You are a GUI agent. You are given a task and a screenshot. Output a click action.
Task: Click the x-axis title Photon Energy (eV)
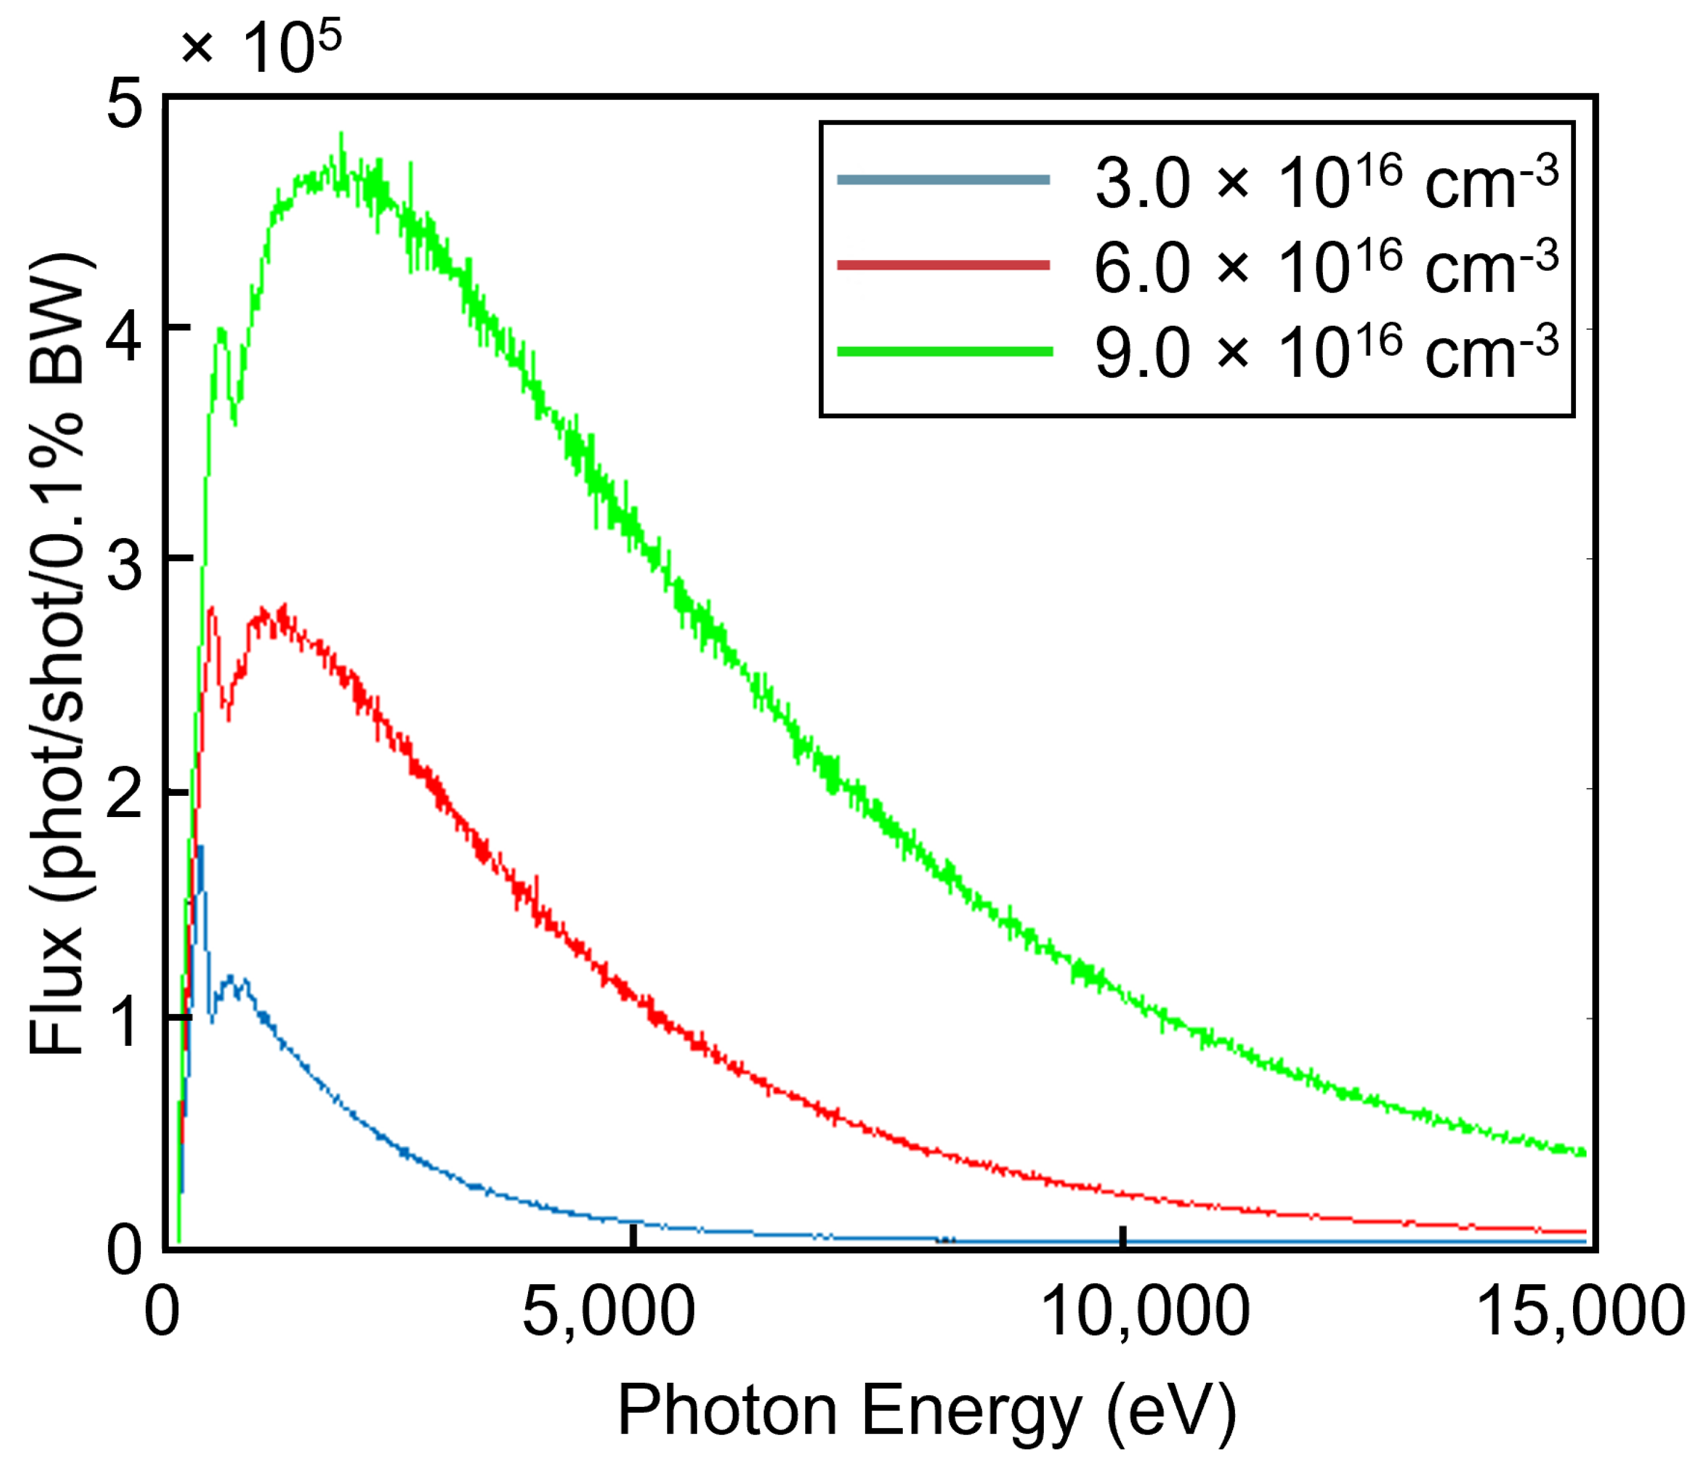(927, 1409)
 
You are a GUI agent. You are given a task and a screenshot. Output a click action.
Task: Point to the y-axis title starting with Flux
(58, 654)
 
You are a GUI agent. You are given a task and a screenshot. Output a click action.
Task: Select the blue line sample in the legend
(943, 179)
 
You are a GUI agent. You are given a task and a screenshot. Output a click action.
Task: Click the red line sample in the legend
(943, 265)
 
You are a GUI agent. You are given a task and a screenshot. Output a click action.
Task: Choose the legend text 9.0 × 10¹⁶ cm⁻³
(1326, 351)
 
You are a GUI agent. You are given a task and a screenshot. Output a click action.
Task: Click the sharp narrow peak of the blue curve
(199, 847)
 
